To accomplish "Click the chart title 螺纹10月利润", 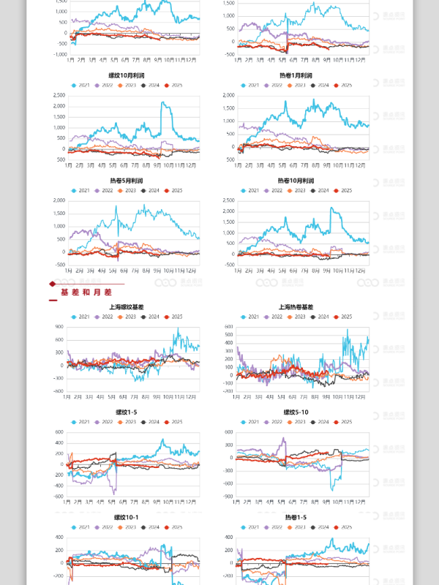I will (x=125, y=75).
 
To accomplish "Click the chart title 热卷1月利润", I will (x=296, y=75).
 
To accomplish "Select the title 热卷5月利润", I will (x=125, y=181).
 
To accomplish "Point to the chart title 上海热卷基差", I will (x=296, y=307).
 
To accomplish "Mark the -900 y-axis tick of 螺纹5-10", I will (x=228, y=497).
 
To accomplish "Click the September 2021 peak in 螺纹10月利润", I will (x=162, y=103).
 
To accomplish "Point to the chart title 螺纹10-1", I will (x=125, y=517).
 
